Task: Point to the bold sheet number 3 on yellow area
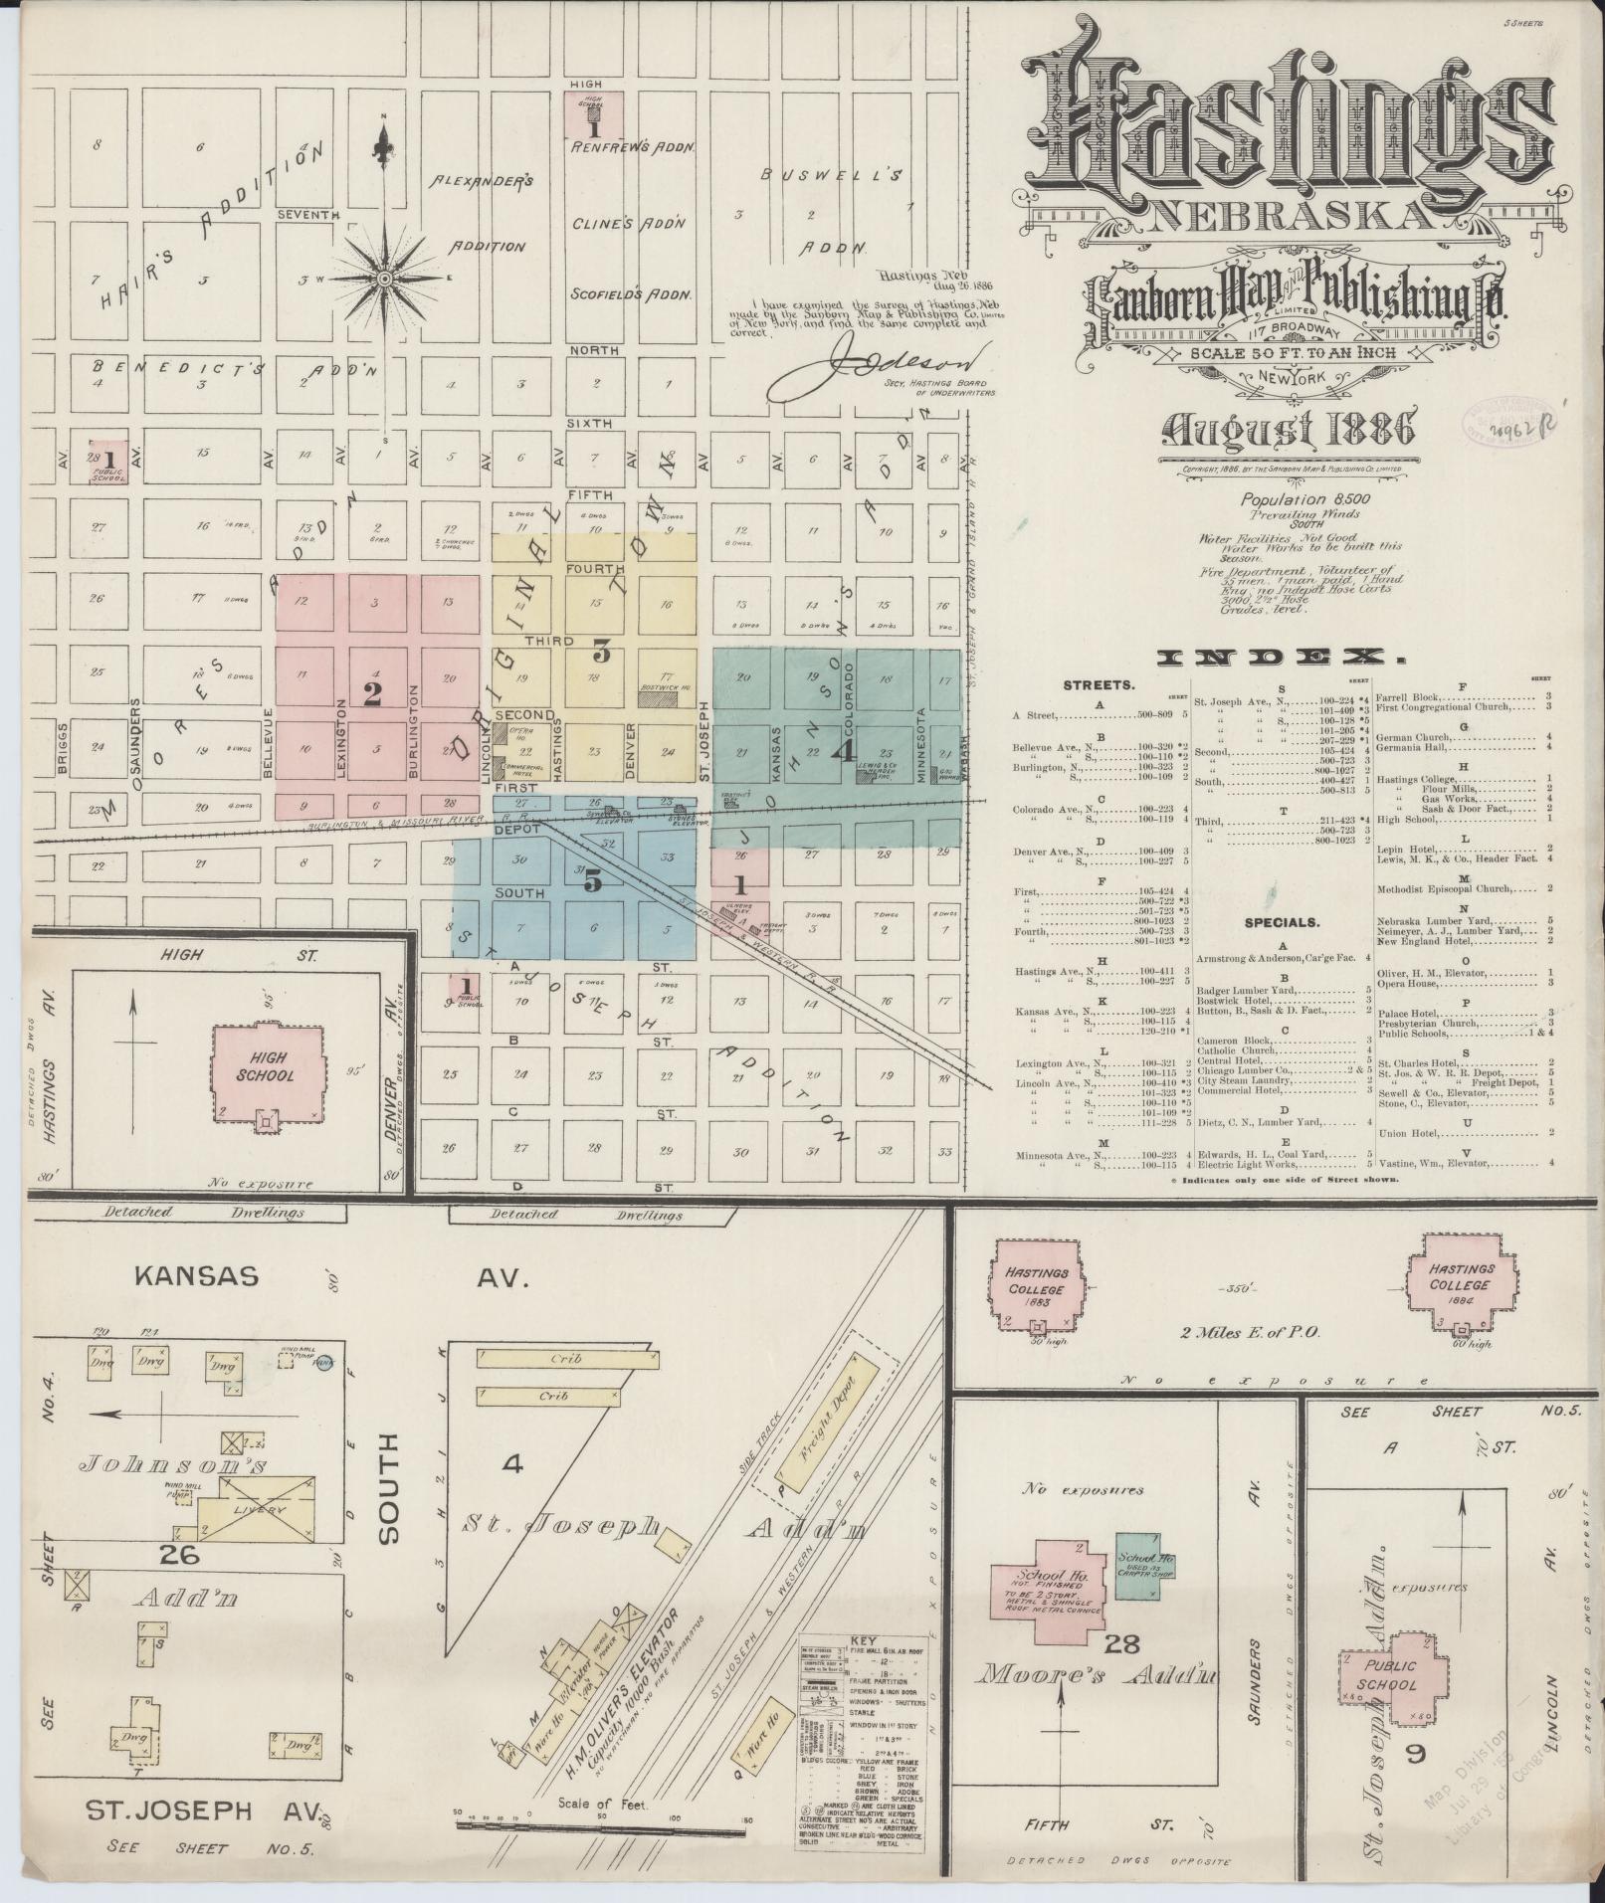tap(601, 654)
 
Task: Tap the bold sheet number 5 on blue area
tap(593, 880)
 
